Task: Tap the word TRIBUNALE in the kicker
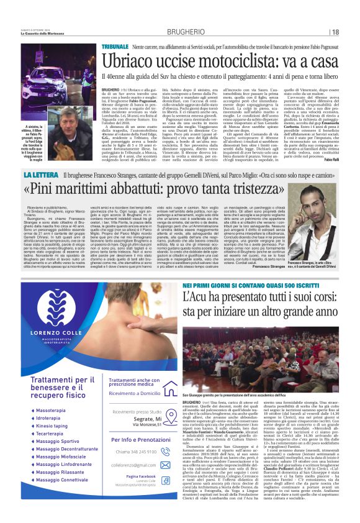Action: click(x=115, y=46)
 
